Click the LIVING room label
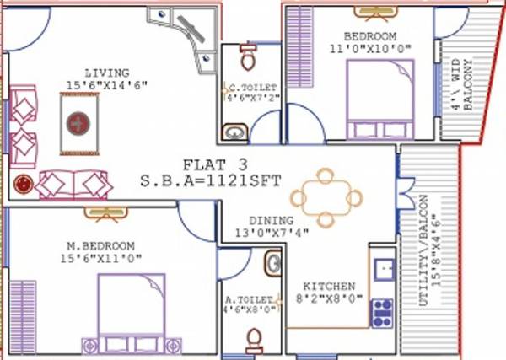pyautogui.click(x=106, y=73)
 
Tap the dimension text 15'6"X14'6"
pyautogui.click(x=106, y=85)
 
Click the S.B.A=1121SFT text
pyautogui.click(x=211, y=180)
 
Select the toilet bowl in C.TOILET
pyautogui.click(x=247, y=58)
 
